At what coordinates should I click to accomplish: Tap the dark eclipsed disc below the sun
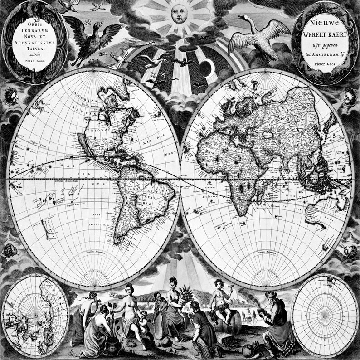click(x=207, y=68)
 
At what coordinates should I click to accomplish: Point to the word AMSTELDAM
click(x=326, y=53)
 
